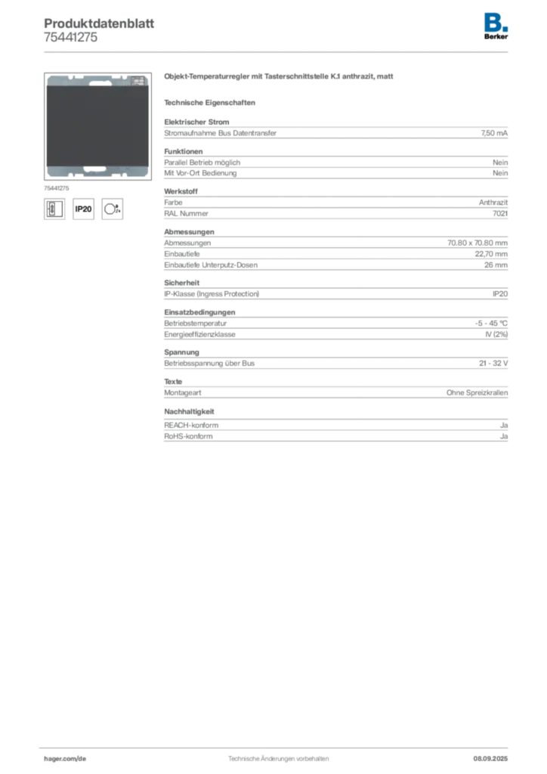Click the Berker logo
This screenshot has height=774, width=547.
[x=496, y=26]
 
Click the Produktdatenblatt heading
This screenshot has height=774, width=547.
[x=99, y=23]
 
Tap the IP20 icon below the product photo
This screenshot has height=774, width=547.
[x=83, y=209]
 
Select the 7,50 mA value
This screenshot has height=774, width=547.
[x=494, y=133]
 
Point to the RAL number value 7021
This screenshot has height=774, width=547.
[x=500, y=213]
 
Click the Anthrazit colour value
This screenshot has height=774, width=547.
[x=493, y=203]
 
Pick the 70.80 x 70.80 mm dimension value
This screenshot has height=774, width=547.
[x=477, y=243]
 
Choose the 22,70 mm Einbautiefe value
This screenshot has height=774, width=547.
[x=491, y=254]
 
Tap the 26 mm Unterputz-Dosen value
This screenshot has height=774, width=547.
[x=496, y=265]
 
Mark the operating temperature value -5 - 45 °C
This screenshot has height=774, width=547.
[x=491, y=324]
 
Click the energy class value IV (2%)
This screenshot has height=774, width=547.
[x=496, y=334]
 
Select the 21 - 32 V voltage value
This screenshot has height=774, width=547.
[x=493, y=364]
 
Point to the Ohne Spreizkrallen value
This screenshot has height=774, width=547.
[x=477, y=393]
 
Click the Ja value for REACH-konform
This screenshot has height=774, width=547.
[x=504, y=425]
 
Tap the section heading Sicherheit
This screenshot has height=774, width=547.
[x=182, y=283]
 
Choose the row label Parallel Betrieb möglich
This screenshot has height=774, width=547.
[x=202, y=163]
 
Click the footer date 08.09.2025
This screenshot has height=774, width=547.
[x=490, y=759]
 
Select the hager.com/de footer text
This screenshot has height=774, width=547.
[x=65, y=759]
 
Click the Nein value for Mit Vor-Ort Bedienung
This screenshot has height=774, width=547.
[x=500, y=173]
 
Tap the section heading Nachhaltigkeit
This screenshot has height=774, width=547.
[x=190, y=412]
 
